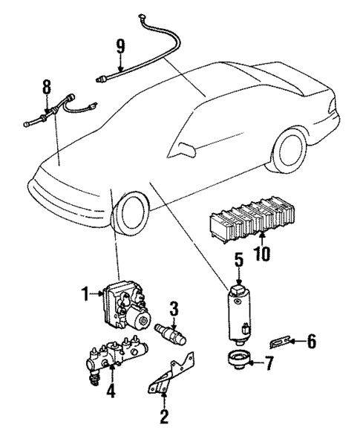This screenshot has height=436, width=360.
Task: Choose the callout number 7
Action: point(269,363)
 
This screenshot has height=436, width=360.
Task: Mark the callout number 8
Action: point(48,87)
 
